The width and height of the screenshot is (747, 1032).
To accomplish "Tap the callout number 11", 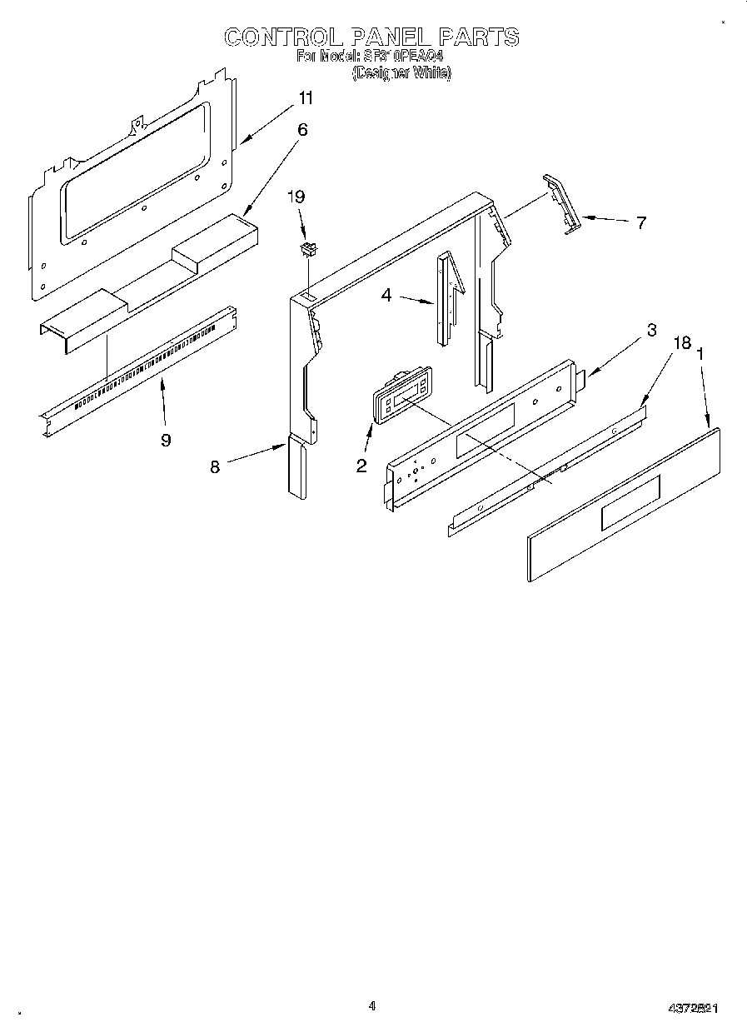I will click(306, 98).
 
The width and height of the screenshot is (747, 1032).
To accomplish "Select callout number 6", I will click(302, 129).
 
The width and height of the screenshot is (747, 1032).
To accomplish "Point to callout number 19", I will click(296, 197).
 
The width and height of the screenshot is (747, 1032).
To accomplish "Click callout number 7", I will click(640, 222).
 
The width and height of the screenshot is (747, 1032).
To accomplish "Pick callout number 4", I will click(386, 295).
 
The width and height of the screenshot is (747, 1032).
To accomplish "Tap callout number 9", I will click(166, 440).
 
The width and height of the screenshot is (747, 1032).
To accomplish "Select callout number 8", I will click(215, 466).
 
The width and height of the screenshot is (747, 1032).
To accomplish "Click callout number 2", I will click(361, 466).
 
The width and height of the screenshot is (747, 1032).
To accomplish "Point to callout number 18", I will click(682, 342).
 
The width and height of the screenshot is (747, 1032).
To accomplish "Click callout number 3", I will click(651, 330).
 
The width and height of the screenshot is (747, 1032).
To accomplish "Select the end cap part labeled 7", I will click(560, 203).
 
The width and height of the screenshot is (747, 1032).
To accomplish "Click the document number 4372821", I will click(694, 1008).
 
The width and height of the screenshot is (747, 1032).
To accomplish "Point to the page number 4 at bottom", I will click(372, 1005).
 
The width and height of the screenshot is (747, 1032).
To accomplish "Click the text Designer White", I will click(401, 72).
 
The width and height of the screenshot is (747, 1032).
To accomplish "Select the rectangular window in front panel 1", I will click(629, 502).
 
